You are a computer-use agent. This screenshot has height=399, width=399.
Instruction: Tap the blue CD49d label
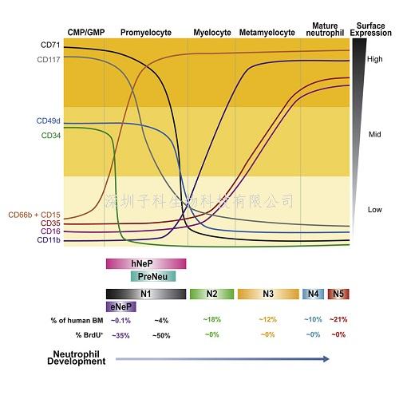(x=49, y=121)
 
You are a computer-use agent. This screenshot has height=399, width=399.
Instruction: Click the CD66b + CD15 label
(x=34, y=215)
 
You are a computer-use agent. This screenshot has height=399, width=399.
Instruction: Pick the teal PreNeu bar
(x=152, y=276)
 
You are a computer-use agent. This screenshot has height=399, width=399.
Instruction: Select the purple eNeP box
(x=121, y=306)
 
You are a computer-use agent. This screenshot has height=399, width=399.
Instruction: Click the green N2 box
(x=211, y=294)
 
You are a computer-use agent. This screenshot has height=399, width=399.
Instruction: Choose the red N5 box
(x=338, y=294)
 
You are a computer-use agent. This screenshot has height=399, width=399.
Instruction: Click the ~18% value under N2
(x=211, y=319)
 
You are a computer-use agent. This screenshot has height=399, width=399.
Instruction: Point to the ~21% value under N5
(x=338, y=319)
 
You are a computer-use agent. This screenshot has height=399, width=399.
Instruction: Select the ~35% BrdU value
(x=121, y=334)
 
